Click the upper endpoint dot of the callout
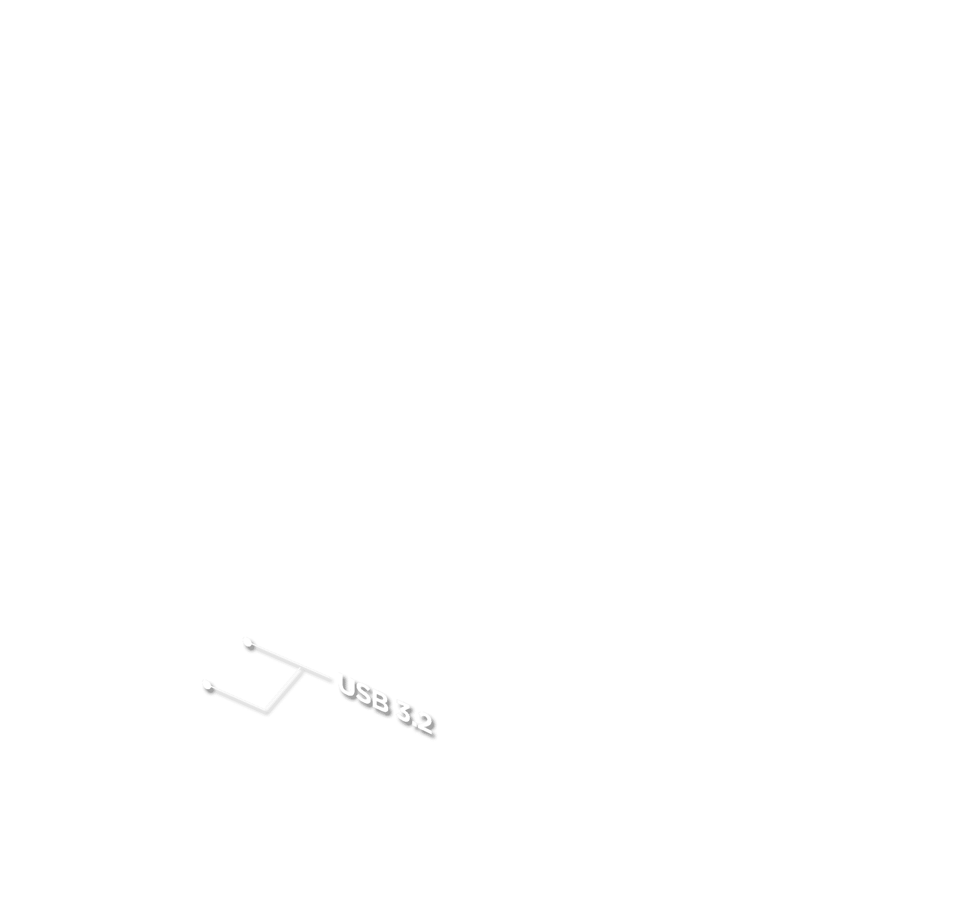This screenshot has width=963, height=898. (249, 643)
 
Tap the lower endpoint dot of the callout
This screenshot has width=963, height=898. (208, 685)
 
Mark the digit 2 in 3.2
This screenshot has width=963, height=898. (424, 723)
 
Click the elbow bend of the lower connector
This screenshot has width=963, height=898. (267, 711)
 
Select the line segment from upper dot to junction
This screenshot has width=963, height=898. (275, 656)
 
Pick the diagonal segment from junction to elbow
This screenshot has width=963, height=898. (284, 690)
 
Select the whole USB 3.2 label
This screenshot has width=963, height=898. (386, 705)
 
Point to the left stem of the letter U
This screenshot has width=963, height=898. (342, 683)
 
